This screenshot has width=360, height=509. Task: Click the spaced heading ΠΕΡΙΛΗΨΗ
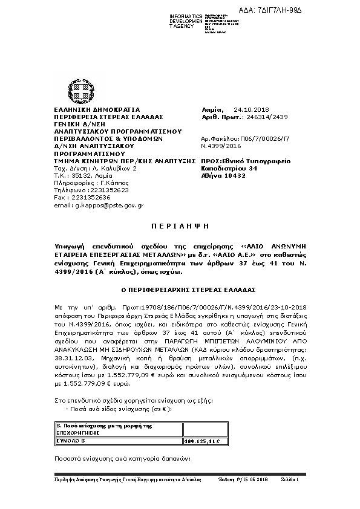[x=180, y=225]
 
